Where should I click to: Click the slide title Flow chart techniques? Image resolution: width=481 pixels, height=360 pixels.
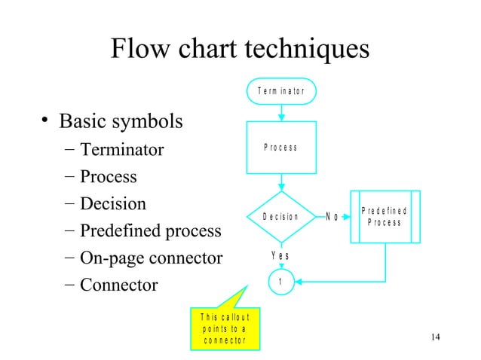point(240,50)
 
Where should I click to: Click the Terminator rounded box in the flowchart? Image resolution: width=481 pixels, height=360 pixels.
point(281,90)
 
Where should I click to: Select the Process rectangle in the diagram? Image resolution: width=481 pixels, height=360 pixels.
point(281,148)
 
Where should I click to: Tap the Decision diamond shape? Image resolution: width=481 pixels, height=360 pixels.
point(281,217)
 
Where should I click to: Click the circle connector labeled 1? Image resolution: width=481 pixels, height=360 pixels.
point(281,282)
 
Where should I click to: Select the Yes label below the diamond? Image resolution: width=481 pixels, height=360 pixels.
point(280,256)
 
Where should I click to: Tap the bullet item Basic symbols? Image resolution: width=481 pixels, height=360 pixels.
point(121,121)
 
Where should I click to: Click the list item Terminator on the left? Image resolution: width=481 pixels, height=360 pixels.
point(122,150)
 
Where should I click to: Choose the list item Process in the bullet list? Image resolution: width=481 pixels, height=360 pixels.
point(109,177)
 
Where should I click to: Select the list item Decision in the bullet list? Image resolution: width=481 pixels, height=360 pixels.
point(113,204)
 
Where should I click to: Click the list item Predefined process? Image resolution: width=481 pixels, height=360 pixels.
point(151,231)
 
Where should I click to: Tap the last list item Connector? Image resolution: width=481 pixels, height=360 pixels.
point(119,285)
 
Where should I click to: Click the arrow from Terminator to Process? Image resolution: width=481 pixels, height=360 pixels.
point(281,111)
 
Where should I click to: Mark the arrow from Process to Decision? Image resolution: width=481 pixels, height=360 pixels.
point(281,183)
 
